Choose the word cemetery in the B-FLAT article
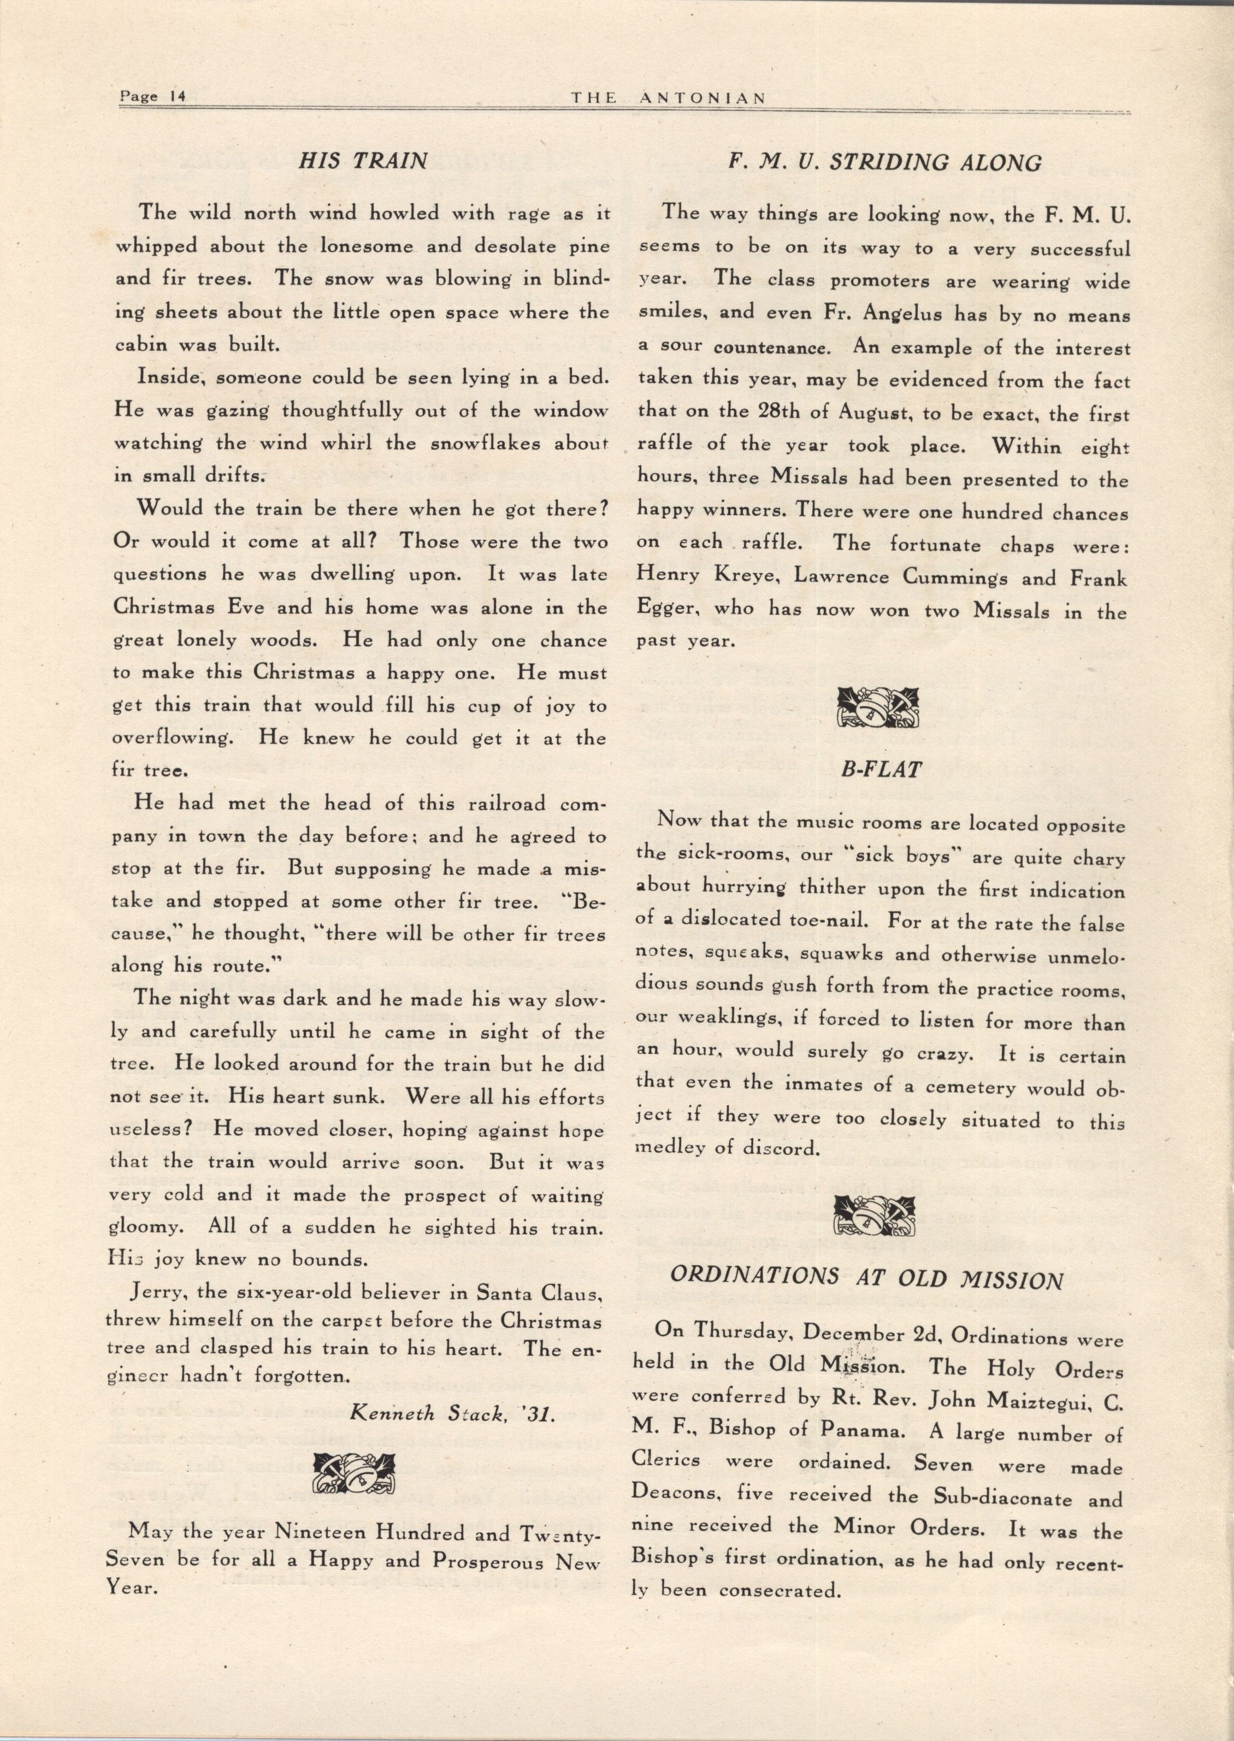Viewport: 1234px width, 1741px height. [971, 1088]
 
